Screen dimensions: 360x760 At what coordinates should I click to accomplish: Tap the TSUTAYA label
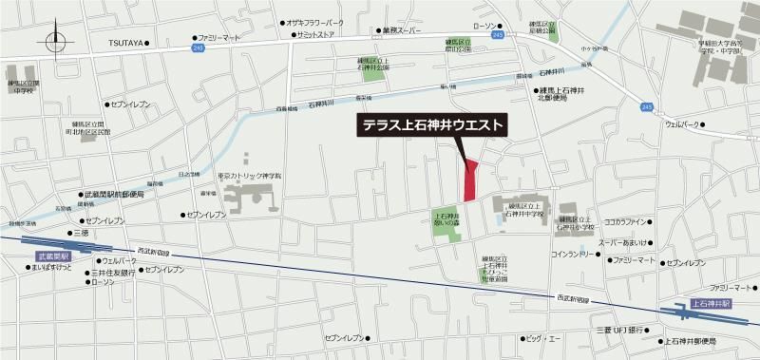[x=124, y=43]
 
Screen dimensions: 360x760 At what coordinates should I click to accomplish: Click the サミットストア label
[x=318, y=34]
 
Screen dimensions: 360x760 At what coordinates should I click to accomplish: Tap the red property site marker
[x=469, y=180]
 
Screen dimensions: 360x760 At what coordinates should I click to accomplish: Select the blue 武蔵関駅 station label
[x=52, y=256]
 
